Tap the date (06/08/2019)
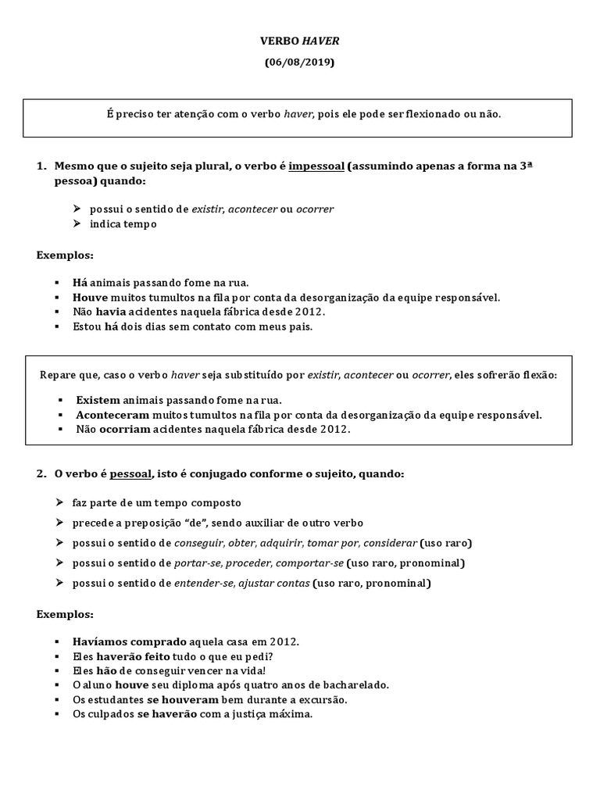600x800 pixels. [x=299, y=62]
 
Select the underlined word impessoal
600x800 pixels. [x=316, y=166]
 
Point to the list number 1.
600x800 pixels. [x=41, y=166]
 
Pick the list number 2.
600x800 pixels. [x=41, y=474]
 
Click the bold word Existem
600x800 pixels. [x=98, y=399]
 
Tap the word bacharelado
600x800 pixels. [x=354, y=685]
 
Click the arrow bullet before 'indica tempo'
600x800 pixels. [x=77, y=224]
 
